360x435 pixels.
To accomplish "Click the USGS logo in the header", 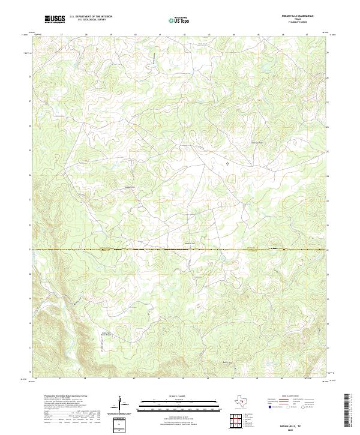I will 55,19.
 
